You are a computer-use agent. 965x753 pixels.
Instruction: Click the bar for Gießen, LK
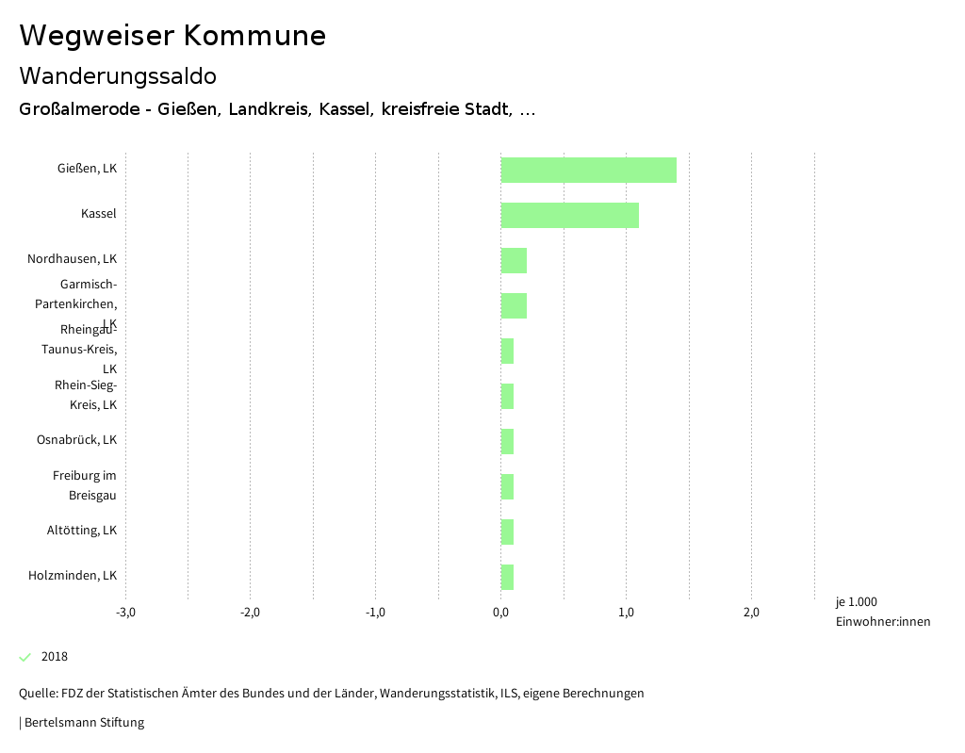(x=588, y=170)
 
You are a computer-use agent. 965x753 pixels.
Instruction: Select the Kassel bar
(x=569, y=215)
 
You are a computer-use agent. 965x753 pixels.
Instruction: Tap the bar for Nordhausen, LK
(x=514, y=260)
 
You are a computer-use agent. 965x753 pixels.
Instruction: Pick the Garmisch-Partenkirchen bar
(x=514, y=305)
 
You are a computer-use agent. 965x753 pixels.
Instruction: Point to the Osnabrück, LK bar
(x=507, y=441)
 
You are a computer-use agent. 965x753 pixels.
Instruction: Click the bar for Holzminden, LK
(x=507, y=577)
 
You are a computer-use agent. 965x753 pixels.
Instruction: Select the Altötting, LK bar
(x=507, y=532)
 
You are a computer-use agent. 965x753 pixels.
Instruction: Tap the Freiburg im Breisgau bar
(x=507, y=486)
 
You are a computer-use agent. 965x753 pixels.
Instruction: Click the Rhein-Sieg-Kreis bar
(x=507, y=396)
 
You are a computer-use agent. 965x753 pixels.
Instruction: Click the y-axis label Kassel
(x=98, y=214)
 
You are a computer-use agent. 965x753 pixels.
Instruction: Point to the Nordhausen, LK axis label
(x=72, y=259)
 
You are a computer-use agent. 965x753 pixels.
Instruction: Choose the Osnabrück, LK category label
(x=76, y=440)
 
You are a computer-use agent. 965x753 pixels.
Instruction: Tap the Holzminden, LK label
(x=73, y=576)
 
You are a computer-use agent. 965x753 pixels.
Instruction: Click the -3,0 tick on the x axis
(x=125, y=613)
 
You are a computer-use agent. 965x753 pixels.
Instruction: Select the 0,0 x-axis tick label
(x=500, y=613)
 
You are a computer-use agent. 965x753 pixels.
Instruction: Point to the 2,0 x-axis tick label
(x=751, y=613)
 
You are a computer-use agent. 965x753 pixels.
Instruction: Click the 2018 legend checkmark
(x=25, y=657)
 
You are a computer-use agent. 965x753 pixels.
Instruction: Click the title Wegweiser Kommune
(x=172, y=36)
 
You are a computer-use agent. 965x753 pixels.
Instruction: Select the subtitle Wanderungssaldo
(x=118, y=75)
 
